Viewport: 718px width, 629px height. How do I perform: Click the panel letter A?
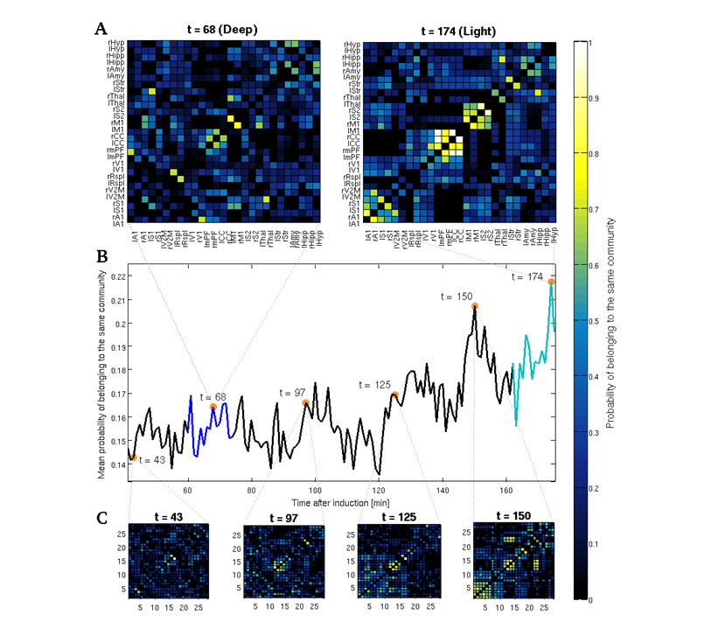click(101, 28)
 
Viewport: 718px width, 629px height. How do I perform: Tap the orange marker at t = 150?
click(475, 306)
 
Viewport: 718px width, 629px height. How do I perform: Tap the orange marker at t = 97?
click(306, 403)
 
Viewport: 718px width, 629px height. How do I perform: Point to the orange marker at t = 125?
click(395, 395)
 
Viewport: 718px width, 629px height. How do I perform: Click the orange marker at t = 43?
click(132, 457)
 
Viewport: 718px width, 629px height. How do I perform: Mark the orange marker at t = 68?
click(213, 407)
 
